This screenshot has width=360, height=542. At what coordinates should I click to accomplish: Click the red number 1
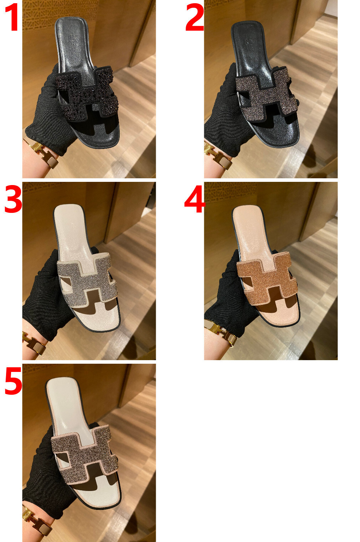click(x=12, y=18)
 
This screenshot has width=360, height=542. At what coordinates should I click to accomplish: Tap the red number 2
click(x=195, y=17)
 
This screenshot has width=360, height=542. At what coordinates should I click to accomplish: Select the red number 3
click(x=13, y=199)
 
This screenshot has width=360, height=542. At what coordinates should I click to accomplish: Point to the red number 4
click(x=195, y=199)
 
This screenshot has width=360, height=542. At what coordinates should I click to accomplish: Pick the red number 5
click(x=13, y=380)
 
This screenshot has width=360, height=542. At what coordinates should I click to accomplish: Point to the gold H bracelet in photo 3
click(x=34, y=342)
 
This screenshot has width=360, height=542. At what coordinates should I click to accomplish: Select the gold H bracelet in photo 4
click(x=221, y=332)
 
